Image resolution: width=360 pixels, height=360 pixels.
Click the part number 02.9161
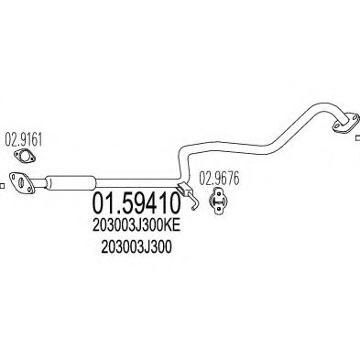[x=25, y=143]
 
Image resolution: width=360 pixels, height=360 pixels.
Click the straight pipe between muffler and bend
[x=137, y=180]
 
